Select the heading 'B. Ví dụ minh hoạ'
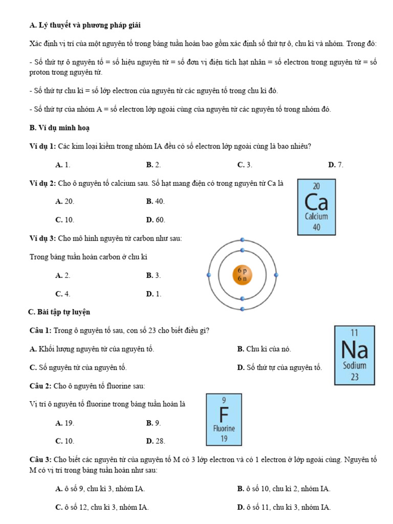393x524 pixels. (60, 127)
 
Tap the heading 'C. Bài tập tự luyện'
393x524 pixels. (59, 312)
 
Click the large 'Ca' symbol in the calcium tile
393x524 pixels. (316, 202)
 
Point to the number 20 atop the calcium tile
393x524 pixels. (316, 186)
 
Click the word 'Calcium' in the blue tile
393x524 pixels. (316, 216)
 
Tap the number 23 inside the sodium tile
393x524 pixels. (355, 377)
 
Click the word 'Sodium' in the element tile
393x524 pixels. (355, 366)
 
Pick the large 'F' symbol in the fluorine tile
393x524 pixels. (224, 413)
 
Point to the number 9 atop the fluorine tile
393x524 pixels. (224, 400)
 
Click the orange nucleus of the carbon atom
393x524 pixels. (242, 275)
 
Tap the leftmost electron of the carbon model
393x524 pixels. (208, 275)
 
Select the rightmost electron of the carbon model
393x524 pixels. (276, 275)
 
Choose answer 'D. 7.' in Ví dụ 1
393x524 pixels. (336, 165)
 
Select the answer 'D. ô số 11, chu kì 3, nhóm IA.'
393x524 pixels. (284, 508)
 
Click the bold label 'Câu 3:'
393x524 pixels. (40, 460)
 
